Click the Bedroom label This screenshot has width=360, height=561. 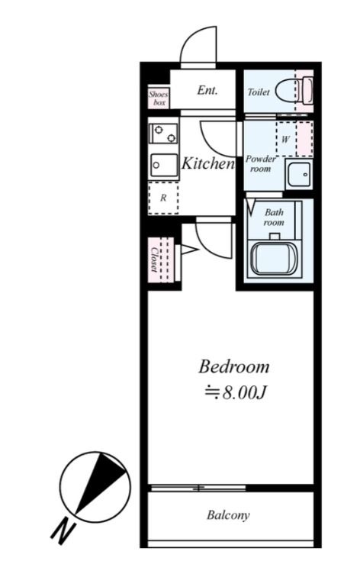click(x=234, y=367)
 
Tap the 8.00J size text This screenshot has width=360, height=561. click(x=236, y=393)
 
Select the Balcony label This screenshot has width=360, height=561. click(x=228, y=515)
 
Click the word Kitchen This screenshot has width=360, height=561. click(x=207, y=163)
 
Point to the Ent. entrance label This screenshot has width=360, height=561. click(x=207, y=90)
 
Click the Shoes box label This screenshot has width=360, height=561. click(x=159, y=98)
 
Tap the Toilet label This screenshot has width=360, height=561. click(x=259, y=92)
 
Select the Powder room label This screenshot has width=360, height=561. click(x=261, y=163)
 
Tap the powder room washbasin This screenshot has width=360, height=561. click(x=299, y=174)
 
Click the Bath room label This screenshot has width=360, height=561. click(x=274, y=218)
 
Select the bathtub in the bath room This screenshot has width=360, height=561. click(x=274, y=259)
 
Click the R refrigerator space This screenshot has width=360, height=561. click(x=163, y=198)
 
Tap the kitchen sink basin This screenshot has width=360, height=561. click(x=164, y=165)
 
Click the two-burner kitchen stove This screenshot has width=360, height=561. click(x=164, y=134)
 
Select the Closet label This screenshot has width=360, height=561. click(x=154, y=260)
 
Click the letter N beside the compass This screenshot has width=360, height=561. click(x=63, y=531)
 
